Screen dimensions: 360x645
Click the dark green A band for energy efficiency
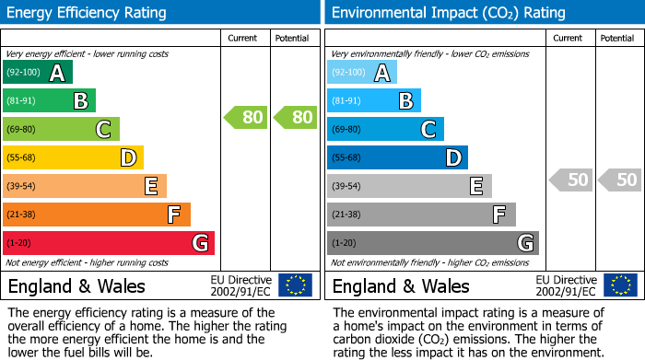pos(38,73)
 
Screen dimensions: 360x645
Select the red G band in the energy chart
pos(109,243)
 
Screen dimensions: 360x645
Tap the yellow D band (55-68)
pos(73,158)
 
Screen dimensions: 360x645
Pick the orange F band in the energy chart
pos(97,215)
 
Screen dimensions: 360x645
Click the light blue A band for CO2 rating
pos(362,73)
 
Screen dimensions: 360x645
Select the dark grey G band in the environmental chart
pos(432,243)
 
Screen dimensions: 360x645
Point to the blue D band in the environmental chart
pos(397,158)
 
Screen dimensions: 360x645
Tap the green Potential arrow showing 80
pos(295,117)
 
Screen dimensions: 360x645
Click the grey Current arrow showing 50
pos(570,180)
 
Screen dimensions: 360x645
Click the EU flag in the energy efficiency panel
pos(296,285)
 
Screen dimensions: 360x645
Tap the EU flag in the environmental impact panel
pos(620,285)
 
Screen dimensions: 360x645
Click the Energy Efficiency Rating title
pos(87,13)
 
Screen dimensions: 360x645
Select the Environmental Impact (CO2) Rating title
pos(448,13)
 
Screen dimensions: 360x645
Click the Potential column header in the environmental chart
pos(617,38)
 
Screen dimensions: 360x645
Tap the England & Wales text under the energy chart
pos(76,285)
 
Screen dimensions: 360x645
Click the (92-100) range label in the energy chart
pos(24,73)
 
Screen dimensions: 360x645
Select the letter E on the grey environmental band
pos(476,187)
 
